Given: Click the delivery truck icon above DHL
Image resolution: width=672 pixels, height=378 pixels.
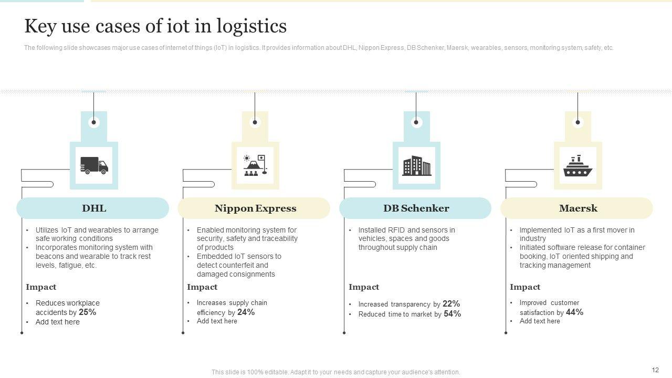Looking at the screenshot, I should coord(94,166).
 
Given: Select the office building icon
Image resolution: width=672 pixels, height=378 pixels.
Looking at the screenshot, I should coord(416,166).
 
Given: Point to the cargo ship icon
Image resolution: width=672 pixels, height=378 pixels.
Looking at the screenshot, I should coord(577,166).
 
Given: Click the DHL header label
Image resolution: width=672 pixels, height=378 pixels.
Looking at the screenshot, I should coord(94,208).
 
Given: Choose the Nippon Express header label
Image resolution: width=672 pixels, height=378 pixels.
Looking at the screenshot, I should coord(255,208).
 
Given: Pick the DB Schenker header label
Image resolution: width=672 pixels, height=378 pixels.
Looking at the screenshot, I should coord(416,208).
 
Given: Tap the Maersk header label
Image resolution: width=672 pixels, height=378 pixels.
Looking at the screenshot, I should coord(578,208).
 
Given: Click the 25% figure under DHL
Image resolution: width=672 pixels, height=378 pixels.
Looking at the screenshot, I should coord(88,312).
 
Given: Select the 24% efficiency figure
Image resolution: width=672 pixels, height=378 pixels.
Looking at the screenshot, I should coord(246,312).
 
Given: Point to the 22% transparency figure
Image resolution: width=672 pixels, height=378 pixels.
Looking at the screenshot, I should coord(451,304).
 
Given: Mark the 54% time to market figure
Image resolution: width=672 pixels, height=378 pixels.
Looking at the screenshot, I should coord(452,314).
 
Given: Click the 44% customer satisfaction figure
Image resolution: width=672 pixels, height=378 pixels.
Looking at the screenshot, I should coord(575,312).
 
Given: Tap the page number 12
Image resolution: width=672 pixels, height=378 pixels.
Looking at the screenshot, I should coord(655,370).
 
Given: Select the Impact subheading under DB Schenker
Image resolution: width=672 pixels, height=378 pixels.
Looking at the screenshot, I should coord(364,287).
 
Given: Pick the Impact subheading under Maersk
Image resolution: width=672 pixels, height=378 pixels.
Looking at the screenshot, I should coord(525,287).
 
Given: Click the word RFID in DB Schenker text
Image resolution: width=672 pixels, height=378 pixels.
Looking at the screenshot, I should coord(397,230).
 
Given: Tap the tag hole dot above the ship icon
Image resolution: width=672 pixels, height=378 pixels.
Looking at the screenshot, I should coord(577,122).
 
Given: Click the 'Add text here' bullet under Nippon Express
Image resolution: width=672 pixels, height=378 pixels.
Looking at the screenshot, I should coord(217,321).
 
